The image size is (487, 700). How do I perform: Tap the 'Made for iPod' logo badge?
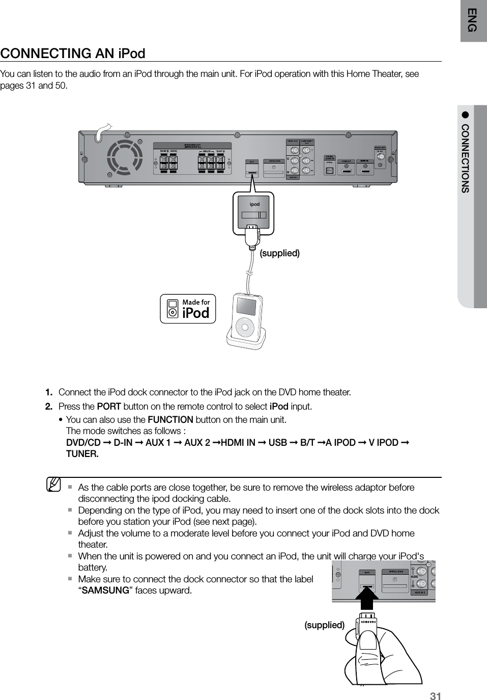pos(188,309)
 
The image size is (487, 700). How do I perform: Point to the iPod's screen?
pos(245,307)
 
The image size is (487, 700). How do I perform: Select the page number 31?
pos(435,696)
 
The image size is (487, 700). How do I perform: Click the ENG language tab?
pos(473,20)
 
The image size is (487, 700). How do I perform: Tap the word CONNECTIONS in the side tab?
pos(466,158)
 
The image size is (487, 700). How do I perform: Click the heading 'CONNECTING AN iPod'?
pos(73,53)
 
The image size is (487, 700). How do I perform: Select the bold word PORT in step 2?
pos(108,407)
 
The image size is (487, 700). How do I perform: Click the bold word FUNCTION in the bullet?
pos(170,420)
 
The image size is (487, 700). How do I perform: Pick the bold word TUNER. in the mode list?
pos(82,454)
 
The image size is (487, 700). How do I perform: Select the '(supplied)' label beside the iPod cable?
pos(279,253)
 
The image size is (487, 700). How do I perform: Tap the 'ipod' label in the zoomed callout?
pos(254,204)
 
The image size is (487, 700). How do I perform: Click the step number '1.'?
pos(49,392)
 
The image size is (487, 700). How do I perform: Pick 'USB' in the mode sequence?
pos(277,442)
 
